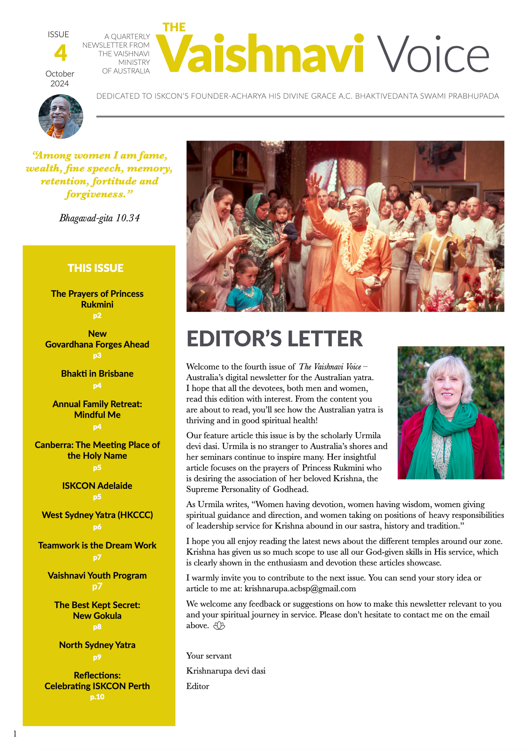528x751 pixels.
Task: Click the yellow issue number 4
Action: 61,53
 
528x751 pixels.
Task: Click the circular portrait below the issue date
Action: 61,116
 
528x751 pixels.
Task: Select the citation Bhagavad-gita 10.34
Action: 99,218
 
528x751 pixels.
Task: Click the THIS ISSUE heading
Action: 95,268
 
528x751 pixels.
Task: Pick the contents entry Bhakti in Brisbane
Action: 97,373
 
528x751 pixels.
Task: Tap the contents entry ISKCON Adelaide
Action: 97,486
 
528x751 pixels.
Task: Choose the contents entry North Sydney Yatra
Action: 97,645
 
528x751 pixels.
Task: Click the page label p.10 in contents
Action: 97,697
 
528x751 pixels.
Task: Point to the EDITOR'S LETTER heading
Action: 274,339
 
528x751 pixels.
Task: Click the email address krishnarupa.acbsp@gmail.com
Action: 300,588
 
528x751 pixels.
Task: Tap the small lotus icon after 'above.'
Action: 219,625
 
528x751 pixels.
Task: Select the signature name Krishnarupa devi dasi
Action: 226,671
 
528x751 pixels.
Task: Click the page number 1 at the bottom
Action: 15,733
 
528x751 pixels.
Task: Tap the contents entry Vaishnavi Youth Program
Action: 97,575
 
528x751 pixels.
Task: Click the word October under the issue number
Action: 60,74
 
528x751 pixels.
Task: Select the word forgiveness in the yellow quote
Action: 94,194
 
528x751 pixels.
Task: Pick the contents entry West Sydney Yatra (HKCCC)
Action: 97,515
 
